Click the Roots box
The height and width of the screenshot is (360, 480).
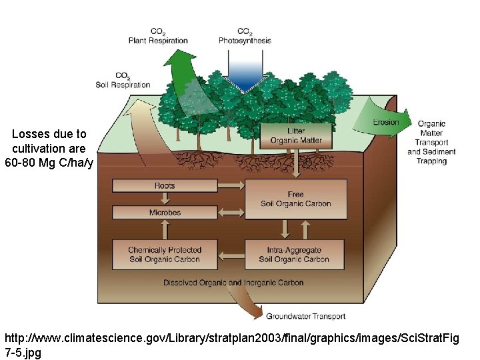tap(165, 185)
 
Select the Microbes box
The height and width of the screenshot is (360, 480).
tap(165, 213)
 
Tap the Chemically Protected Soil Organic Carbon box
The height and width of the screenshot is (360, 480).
tap(165, 254)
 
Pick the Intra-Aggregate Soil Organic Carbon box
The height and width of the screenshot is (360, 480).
tap(295, 254)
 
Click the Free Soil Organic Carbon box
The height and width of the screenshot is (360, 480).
tap(295, 199)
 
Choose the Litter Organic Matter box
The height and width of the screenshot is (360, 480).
tap(295, 136)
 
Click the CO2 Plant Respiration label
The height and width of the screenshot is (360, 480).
tap(158, 36)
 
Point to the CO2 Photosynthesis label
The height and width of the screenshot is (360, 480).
tap(245, 36)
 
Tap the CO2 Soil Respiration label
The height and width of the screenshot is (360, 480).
tap(123, 80)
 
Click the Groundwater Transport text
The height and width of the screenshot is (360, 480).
tap(297, 316)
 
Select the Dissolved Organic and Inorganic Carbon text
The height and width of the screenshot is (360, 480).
tap(233, 283)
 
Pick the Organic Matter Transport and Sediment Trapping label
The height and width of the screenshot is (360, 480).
tap(431, 142)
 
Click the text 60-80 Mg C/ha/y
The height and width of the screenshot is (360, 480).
tap(49, 162)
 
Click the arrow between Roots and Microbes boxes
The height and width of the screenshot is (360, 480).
tap(165, 199)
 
